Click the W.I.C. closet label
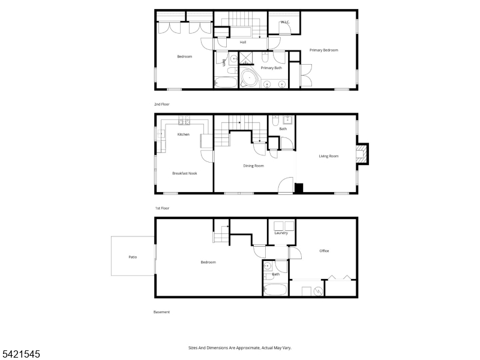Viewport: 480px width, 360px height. tap(285, 23)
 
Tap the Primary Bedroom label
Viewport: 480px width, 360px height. tap(324, 50)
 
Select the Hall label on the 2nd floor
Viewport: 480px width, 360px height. tap(243, 43)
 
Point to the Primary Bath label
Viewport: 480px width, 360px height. tap(271, 68)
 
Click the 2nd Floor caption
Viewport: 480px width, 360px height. tap(162, 104)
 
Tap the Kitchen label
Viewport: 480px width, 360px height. tap(184, 134)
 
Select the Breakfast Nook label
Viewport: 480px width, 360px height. tap(185, 173)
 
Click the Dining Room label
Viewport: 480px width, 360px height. tap(253, 166)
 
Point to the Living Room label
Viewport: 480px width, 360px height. tap(328, 156)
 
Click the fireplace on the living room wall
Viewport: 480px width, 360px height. tap(362, 153)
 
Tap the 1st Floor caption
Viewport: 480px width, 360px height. tap(162, 208)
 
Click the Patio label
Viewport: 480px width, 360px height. tap(133, 257)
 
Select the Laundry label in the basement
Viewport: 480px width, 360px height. tap(281, 233)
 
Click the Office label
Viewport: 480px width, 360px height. tap(324, 251)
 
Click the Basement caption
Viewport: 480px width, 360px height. tap(162, 312)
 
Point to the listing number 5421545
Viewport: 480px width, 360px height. tap(20, 354)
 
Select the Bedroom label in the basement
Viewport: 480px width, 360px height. tap(208, 262)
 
